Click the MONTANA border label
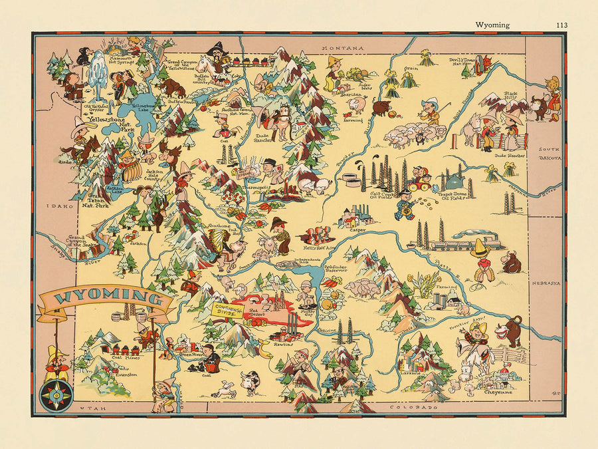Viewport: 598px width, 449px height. [343, 49]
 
